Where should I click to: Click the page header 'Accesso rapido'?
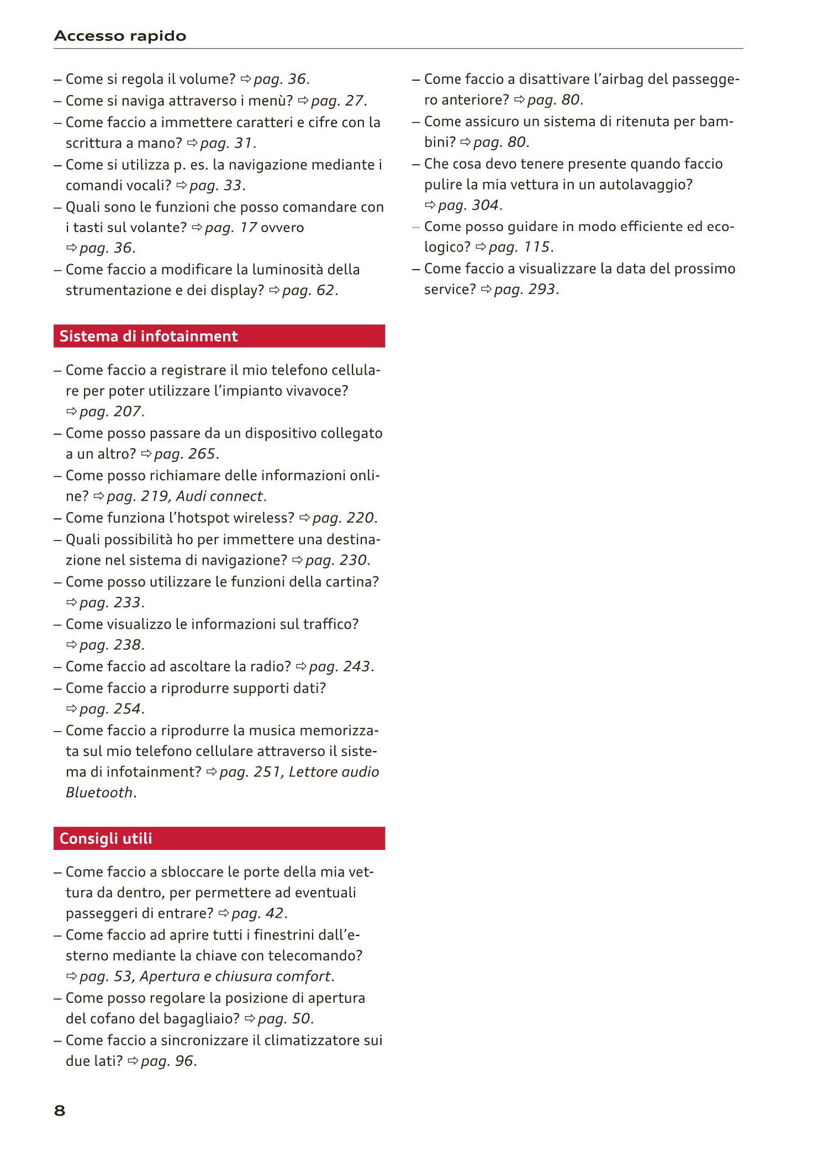pyautogui.click(x=120, y=36)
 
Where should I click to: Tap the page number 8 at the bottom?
pyautogui.click(x=60, y=1110)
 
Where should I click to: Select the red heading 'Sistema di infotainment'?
pyautogui.click(x=148, y=336)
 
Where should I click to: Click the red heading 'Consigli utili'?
pyautogui.click(x=105, y=838)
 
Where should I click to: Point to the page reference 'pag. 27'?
pyautogui.click(x=337, y=101)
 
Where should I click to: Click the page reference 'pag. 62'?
pyautogui.click(x=309, y=290)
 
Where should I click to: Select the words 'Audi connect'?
pyautogui.click(x=219, y=496)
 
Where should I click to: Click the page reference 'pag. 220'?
pyautogui.click(x=343, y=518)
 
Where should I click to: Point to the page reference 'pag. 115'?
pyautogui.click(x=520, y=247)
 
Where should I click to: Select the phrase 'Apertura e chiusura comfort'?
pyautogui.click(x=235, y=976)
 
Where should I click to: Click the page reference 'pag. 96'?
pyautogui.click(x=167, y=1061)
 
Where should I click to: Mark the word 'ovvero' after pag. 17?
pyautogui.click(x=282, y=228)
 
